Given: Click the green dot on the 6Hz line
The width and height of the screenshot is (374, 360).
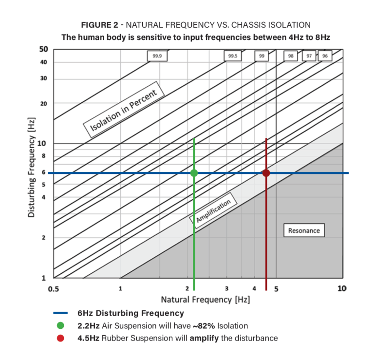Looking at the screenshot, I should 194,173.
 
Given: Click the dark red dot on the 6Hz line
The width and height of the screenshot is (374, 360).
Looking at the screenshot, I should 266,173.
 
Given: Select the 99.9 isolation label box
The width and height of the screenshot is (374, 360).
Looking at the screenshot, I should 157,56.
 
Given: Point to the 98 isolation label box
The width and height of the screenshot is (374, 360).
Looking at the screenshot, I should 291,56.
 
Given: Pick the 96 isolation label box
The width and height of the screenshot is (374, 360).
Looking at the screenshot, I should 325,56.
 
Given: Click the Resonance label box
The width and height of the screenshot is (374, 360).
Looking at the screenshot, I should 304,230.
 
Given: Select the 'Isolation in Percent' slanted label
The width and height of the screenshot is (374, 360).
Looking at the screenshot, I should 124,112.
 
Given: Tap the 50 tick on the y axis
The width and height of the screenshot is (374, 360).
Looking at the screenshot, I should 43,49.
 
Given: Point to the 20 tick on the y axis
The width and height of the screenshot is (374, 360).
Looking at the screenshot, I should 43,103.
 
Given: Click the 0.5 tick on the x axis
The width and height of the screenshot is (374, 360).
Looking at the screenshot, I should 53,288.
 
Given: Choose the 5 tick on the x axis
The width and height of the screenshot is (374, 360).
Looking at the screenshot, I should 276,288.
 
